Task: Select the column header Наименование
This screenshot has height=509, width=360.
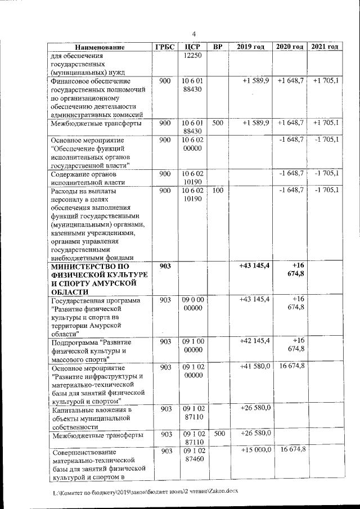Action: pyautogui.click(x=99, y=47)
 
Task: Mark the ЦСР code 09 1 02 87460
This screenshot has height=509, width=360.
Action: pyautogui.click(x=193, y=455)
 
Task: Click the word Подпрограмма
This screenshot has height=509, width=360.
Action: pyautogui.click(x=73, y=342)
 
